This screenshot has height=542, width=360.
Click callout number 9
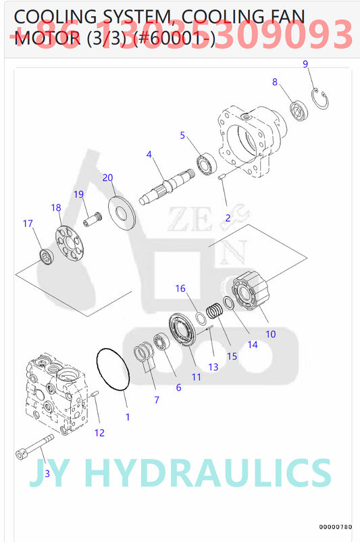pos(305,64)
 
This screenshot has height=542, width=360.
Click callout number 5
pos(182,135)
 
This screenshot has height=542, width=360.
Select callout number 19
pos(78,194)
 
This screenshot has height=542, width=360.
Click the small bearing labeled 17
pos(45,255)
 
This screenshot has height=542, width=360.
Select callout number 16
pos(180,289)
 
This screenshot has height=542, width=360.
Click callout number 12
pos(99,433)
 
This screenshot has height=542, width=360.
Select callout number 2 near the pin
pos(228,218)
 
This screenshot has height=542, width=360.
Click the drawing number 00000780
pos(336,526)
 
